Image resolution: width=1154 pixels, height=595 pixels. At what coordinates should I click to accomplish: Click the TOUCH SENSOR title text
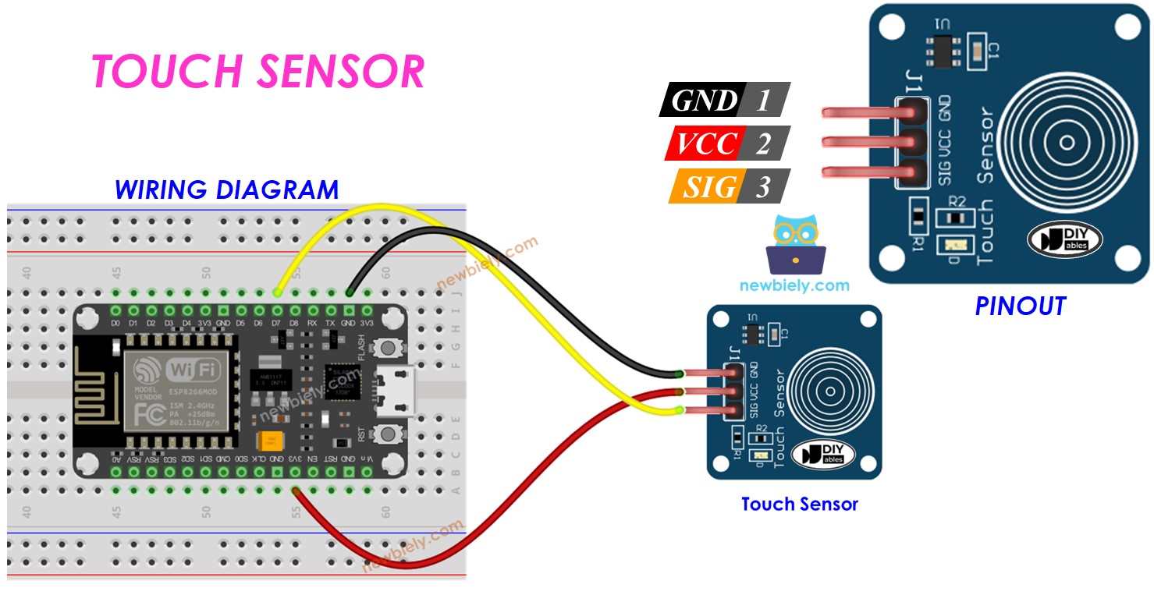(257, 72)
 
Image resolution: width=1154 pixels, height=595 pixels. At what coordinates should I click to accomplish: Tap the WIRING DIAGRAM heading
(226, 189)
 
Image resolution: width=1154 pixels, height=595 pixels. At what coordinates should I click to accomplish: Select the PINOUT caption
(1020, 306)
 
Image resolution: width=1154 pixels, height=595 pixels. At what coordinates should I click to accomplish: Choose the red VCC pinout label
(706, 143)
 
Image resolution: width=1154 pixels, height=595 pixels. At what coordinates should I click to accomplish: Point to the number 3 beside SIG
(762, 186)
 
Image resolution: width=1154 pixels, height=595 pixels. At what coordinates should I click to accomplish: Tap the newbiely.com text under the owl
(794, 285)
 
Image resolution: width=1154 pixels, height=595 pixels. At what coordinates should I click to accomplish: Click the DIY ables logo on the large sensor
(1064, 239)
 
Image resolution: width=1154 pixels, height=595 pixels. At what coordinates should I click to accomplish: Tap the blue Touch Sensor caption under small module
(799, 505)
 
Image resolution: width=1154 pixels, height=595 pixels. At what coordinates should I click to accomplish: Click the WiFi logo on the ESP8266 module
(176, 369)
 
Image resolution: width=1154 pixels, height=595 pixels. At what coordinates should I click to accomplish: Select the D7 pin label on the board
(276, 322)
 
